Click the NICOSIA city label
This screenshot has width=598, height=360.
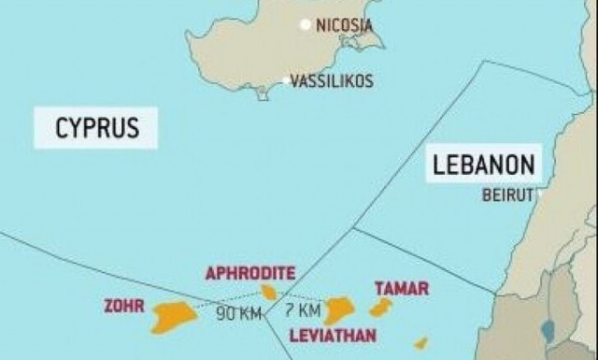tap(344, 25)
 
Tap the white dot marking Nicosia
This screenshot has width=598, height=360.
tap(305, 25)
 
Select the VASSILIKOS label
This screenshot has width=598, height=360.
tap(332, 81)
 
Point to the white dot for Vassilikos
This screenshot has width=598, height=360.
tap(286, 81)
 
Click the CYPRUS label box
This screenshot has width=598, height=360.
tap(95, 128)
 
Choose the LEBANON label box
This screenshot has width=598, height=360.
tap(484, 166)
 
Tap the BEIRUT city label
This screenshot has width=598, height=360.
tap(507, 195)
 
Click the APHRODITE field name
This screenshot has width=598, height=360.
tap(250, 273)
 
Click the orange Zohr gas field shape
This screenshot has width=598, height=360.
tap(175, 314)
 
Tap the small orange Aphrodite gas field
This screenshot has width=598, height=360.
tap(269, 293)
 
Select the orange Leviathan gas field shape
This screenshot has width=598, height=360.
tap(338, 309)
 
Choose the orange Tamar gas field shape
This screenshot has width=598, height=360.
tap(380, 308)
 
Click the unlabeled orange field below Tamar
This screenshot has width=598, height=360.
tap(421, 343)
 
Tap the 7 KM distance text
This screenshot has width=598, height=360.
tap(305, 309)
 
